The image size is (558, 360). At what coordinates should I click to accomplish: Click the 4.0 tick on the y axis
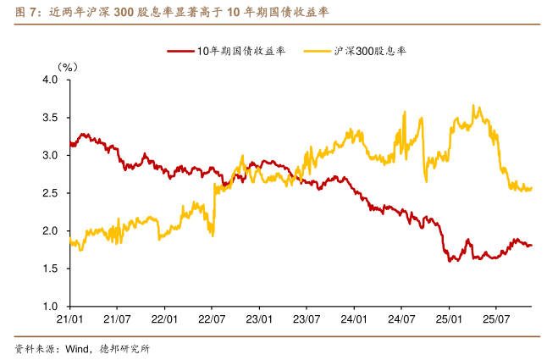(50, 80)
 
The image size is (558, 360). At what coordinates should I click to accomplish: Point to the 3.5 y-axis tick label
(50, 118)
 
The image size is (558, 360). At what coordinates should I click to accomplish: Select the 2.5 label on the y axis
(50, 193)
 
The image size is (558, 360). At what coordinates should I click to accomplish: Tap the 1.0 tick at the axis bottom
(50, 307)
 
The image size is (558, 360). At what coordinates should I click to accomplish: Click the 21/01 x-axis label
(69, 320)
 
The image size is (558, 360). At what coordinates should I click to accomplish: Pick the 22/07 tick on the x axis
(211, 320)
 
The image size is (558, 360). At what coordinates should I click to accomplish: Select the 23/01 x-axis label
(258, 320)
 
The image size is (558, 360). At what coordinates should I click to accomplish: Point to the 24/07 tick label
(401, 320)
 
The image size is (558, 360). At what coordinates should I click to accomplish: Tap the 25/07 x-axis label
(495, 320)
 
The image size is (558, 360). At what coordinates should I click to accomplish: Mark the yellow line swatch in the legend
(319, 52)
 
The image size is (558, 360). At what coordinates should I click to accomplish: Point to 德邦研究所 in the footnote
(124, 348)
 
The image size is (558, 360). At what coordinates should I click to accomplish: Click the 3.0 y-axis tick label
(50, 155)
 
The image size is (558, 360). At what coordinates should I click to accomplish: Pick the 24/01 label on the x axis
(353, 320)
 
